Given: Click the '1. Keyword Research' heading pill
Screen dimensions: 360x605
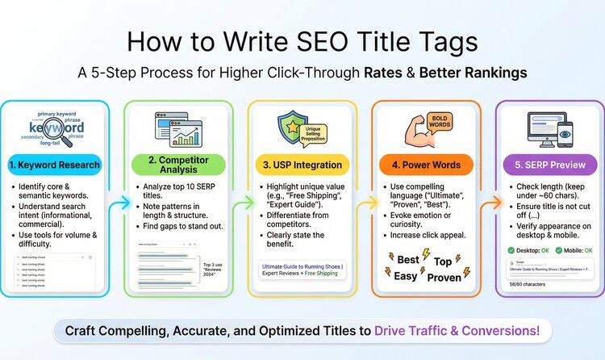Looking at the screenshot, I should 56,165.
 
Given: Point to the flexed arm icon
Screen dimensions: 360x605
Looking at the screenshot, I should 407,128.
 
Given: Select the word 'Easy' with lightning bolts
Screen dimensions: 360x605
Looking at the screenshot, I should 406,275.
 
